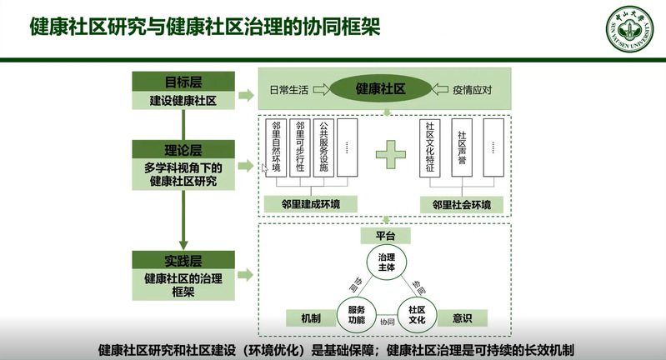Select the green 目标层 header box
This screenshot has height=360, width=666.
click(177, 82)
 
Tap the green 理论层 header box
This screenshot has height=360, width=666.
click(177, 149)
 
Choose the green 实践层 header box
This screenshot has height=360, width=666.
click(177, 260)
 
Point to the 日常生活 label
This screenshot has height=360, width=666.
click(290, 88)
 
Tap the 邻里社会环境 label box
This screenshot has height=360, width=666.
click(461, 203)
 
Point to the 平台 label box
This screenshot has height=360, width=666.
click(385, 236)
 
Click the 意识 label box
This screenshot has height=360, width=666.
click(462, 317)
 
